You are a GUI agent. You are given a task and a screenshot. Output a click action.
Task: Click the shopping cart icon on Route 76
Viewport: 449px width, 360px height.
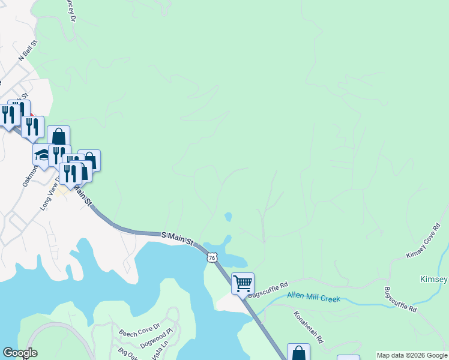point(243,283)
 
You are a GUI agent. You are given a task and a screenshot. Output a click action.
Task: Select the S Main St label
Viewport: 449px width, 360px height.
point(178,238)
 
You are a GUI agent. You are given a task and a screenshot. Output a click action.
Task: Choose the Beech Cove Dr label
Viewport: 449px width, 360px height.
point(139,330)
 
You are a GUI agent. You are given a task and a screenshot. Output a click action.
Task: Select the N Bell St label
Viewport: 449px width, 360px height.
point(28,50)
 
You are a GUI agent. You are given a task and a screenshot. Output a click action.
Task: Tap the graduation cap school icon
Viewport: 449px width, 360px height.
point(43,154)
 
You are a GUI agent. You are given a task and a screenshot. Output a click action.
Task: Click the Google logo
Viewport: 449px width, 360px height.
point(19,353)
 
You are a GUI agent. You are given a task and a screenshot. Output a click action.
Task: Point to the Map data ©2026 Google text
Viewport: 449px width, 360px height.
point(412,355)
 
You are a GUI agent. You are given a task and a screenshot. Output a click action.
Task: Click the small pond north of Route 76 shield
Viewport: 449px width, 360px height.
point(228,217)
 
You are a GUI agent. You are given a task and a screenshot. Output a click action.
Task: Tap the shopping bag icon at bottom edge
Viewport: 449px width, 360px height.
point(298,353)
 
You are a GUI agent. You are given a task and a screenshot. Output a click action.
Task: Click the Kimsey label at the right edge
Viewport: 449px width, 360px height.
point(435,280)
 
